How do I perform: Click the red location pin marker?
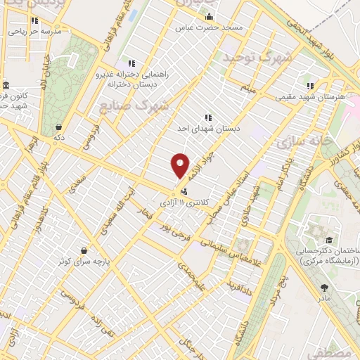[x=181, y=166]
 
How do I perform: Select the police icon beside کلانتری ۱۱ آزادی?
[x=185, y=191]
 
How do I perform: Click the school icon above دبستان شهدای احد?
[x=208, y=117]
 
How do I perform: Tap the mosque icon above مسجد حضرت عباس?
[x=208, y=16]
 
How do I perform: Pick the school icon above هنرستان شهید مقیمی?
[x=310, y=86]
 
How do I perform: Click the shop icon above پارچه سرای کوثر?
[x=84, y=250]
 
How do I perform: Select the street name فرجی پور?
[x=174, y=229]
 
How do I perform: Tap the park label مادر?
[x=324, y=298]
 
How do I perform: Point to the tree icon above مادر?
[x=323, y=287]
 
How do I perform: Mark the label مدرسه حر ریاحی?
[x=39, y=32]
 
